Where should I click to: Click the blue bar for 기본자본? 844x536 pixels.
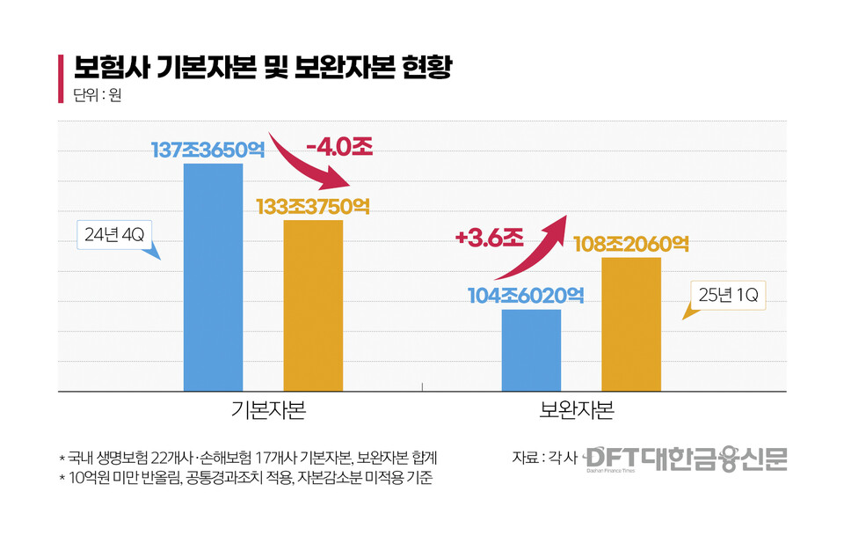[x=213, y=277]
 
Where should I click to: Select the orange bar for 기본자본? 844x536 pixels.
[x=313, y=305]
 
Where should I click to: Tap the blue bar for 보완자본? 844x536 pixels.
[x=531, y=349]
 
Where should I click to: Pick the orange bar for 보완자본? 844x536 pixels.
[x=631, y=324]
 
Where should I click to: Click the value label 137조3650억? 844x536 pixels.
[x=207, y=150]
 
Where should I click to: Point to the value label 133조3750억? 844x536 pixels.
[x=313, y=206]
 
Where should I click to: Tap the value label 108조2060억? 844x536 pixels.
[x=631, y=243]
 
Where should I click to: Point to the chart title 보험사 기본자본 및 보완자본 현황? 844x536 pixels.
[x=262, y=67]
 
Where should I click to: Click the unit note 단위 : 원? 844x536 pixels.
[x=97, y=95]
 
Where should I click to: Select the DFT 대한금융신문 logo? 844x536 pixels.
[x=686, y=458]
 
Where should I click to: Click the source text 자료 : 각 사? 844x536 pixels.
[x=544, y=457]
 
